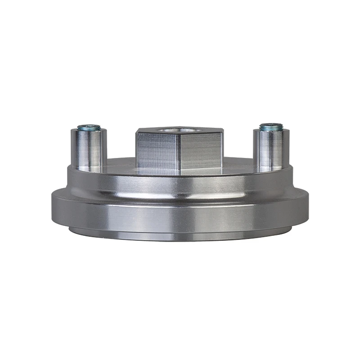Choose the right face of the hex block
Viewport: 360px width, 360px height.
(201, 152)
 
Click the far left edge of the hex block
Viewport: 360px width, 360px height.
(137, 151)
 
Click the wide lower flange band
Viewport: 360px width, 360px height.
(180, 214)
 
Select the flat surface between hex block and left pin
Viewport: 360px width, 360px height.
(121, 165)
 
